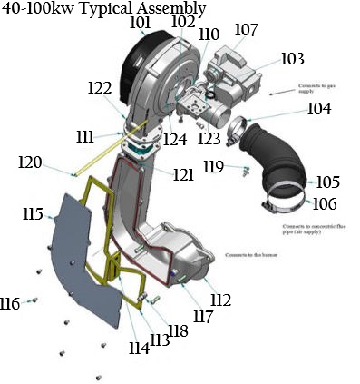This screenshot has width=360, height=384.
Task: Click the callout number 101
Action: [141, 22]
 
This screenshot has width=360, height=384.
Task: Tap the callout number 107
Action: [246, 30]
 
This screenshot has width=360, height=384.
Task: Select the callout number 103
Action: [292, 59]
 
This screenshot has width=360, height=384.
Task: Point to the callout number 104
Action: [318, 109]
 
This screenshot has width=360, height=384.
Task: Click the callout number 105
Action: [326, 182]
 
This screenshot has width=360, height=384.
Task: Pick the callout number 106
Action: [325, 203]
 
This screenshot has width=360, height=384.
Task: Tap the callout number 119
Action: [213, 166]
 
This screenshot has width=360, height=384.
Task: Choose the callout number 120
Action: [30, 162]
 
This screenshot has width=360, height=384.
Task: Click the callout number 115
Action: [34, 214]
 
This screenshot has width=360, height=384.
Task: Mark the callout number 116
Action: [11, 302]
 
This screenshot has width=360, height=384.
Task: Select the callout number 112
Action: [219, 300]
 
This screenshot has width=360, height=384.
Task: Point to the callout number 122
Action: [100, 88]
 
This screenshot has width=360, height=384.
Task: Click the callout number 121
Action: [184, 173]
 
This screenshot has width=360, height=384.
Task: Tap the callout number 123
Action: [209, 139]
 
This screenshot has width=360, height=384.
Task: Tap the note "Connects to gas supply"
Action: [316, 89]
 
